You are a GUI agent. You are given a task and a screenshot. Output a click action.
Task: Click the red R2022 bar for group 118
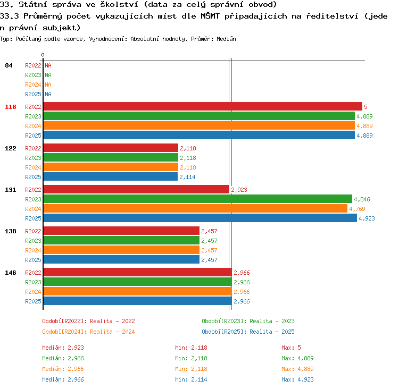[x=203, y=106]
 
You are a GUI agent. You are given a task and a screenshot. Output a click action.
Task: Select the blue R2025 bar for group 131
[x=200, y=218]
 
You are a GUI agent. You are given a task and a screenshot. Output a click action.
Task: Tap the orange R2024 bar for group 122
[x=111, y=167]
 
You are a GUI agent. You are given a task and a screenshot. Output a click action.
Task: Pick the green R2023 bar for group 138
[x=121, y=240]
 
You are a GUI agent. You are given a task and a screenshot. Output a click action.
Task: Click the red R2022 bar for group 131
[x=136, y=189]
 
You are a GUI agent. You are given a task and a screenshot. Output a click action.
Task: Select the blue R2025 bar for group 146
[x=138, y=301]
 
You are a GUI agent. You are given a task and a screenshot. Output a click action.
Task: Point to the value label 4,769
[x=357, y=209]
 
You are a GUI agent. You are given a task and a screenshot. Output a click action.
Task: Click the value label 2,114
[x=187, y=177]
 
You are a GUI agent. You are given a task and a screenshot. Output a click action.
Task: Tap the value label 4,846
[x=362, y=199]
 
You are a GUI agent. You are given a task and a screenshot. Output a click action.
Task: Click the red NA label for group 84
[x=48, y=65]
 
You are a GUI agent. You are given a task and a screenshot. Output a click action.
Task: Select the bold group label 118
[x=11, y=107]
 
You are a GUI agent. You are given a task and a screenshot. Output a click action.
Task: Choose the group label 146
[x=11, y=273]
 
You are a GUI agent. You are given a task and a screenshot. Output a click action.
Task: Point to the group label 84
[x=9, y=65]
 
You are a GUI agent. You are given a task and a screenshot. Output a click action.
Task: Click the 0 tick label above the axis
[x=43, y=55]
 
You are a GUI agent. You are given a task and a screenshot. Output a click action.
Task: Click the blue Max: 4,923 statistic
[x=297, y=379]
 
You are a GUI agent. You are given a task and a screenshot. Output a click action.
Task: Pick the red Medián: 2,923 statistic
[x=63, y=348]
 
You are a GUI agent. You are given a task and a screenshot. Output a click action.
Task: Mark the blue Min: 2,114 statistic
[x=191, y=379]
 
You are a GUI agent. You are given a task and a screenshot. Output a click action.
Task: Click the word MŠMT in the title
[x=210, y=16]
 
